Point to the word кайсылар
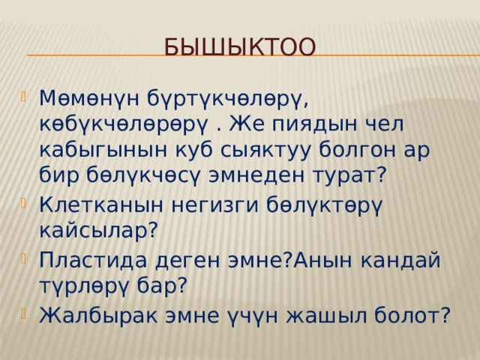(98, 229)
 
